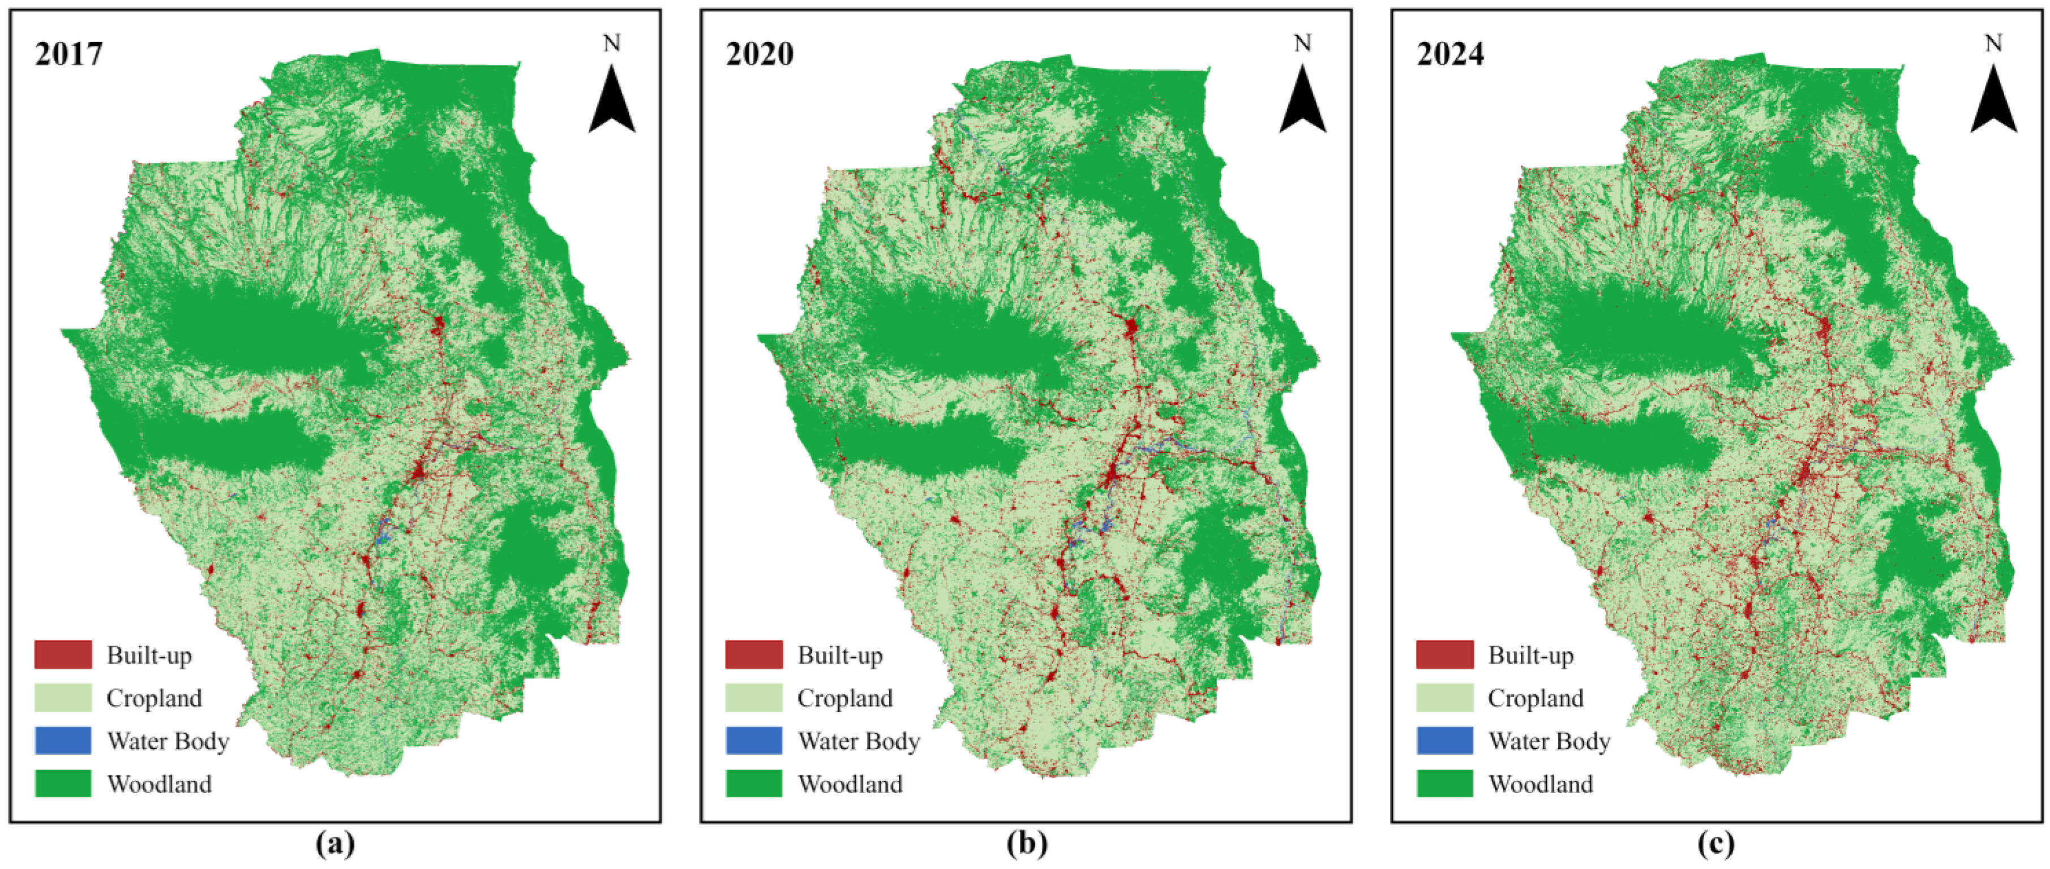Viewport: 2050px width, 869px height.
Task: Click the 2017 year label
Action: tap(68, 54)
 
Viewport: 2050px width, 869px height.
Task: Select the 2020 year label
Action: tap(759, 54)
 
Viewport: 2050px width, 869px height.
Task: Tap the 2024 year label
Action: tap(1450, 54)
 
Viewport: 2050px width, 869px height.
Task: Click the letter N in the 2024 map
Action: tap(1993, 43)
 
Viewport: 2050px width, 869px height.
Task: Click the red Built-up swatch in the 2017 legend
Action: tap(63, 655)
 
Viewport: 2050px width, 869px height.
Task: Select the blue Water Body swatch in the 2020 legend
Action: tap(754, 741)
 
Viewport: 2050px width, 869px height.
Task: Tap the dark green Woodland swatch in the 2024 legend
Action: tap(1444, 784)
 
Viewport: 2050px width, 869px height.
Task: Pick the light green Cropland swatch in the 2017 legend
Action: tap(63, 698)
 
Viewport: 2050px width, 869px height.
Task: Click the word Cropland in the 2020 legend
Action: tap(845, 699)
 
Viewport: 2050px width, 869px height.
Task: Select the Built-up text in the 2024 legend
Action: tap(1530, 656)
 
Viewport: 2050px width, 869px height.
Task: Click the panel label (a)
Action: tap(335, 844)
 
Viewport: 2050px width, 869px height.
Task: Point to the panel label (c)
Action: tap(1716, 844)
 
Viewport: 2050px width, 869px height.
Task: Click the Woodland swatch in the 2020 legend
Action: tap(754, 784)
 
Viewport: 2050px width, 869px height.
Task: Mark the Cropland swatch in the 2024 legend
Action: tap(1444, 698)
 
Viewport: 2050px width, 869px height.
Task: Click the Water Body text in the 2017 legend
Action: tap(168, 742)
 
